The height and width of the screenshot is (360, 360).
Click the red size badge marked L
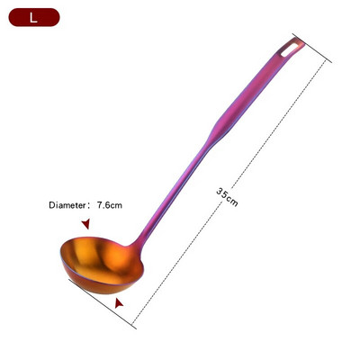[33, 16]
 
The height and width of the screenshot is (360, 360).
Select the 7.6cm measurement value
[109, 205]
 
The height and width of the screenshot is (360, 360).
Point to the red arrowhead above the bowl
[85, 223]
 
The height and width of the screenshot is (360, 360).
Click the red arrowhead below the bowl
[119, 305]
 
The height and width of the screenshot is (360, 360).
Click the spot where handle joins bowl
[137, 244]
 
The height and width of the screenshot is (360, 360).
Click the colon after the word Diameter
[89, 205]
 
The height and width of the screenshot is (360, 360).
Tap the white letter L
[33, 16]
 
